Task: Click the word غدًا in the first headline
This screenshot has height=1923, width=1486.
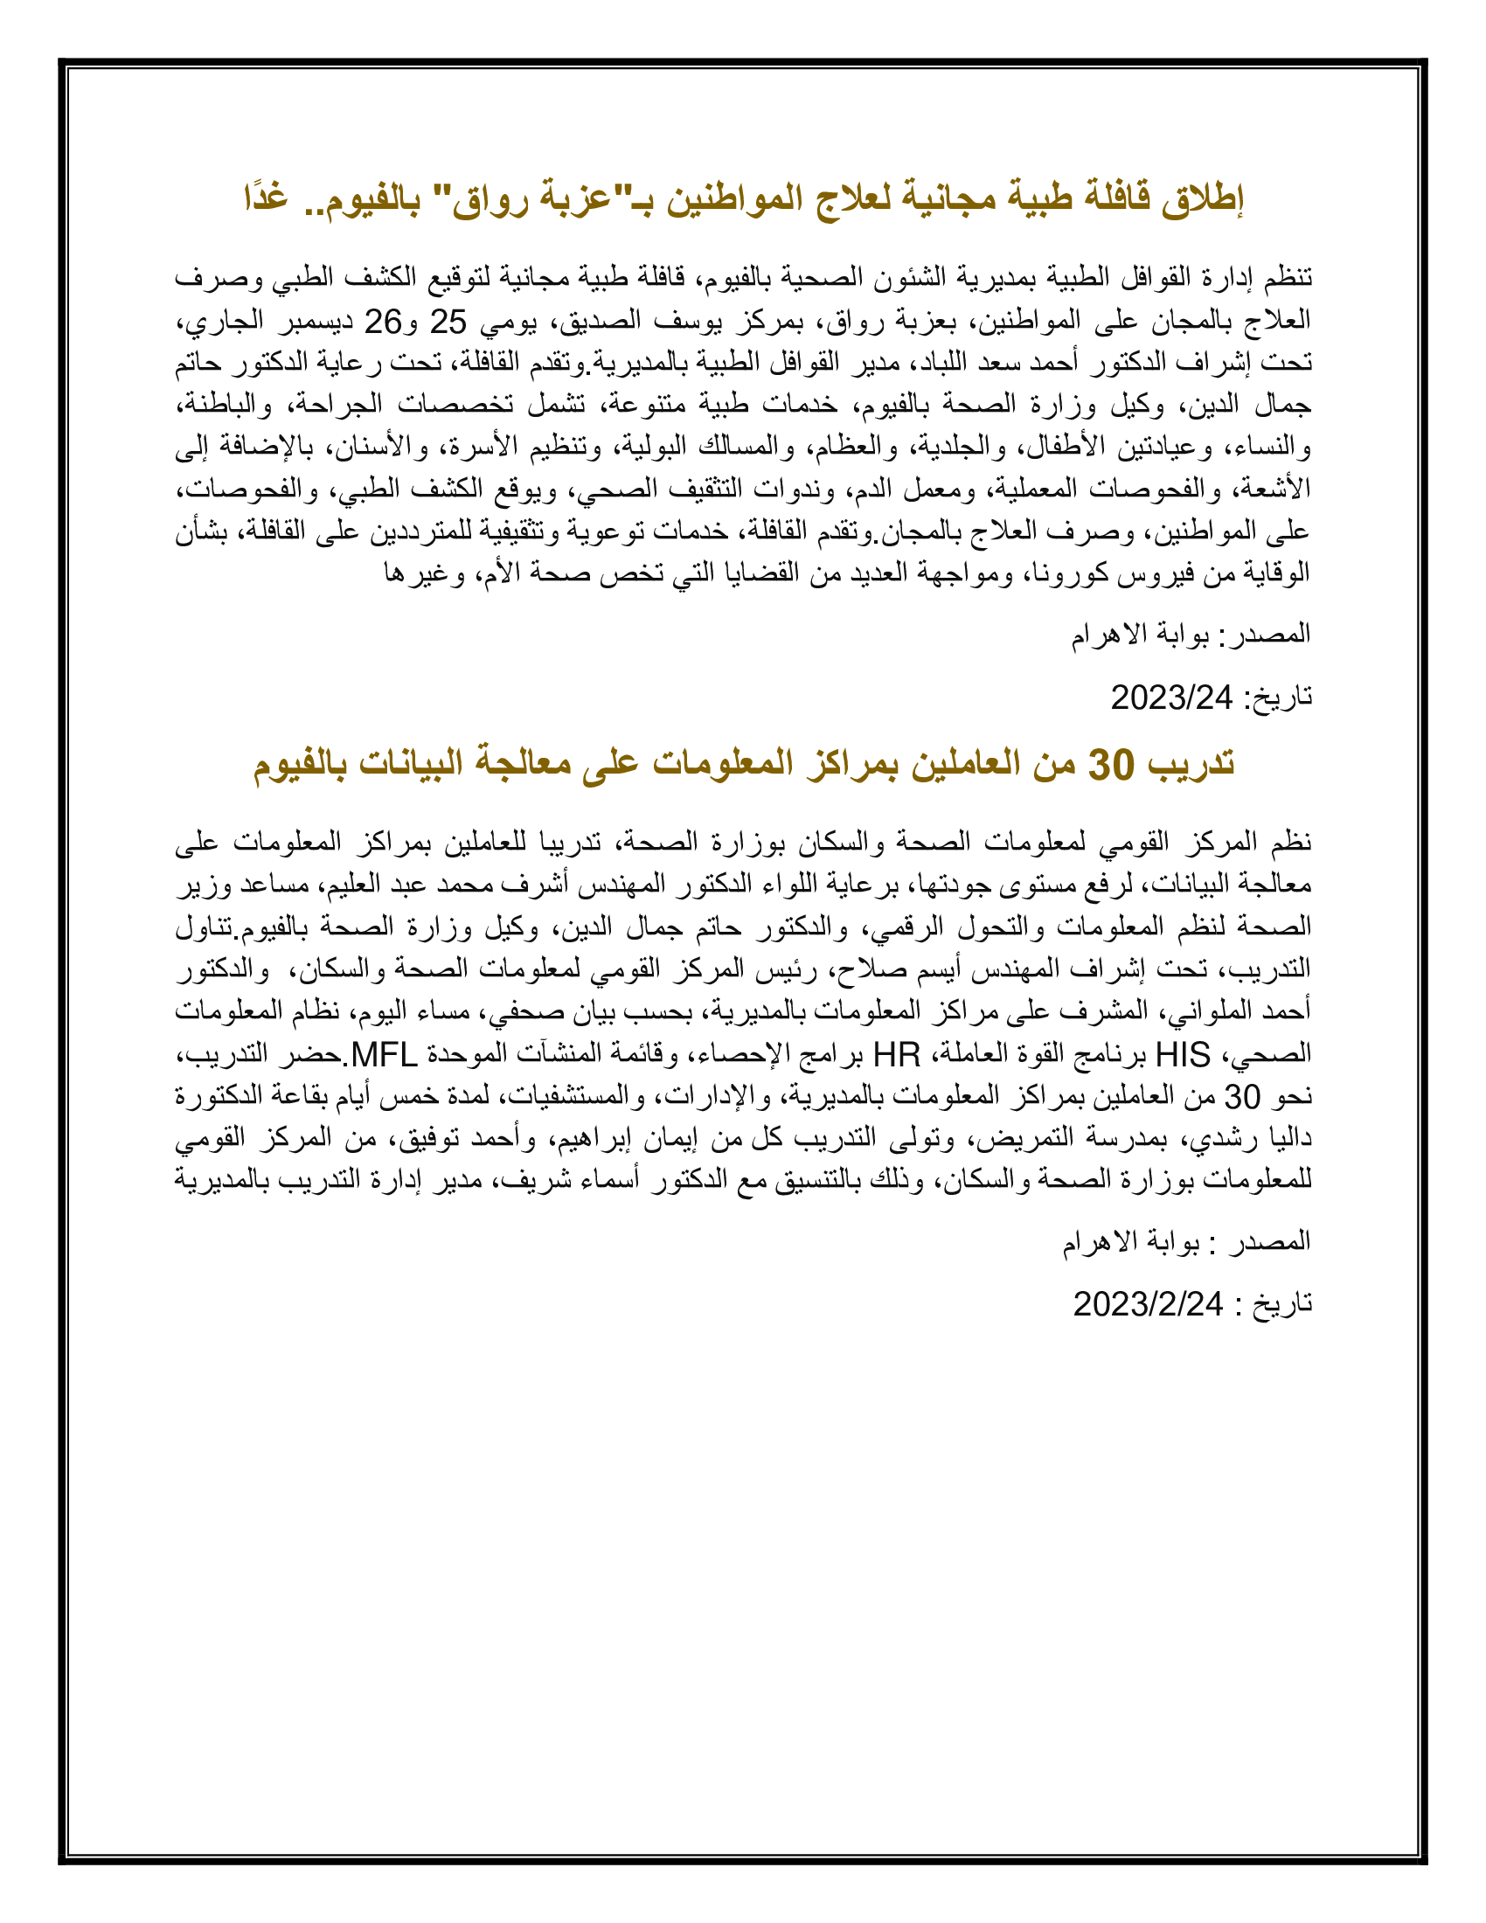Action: point(267,199)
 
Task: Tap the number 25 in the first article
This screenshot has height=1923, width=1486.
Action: point(448,323)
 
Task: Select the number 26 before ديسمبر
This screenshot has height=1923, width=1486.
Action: point(384,323)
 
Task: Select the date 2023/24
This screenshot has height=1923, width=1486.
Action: point(1170,698)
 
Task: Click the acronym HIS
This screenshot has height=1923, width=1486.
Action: point(1183,1054)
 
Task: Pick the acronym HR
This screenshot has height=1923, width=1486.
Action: point(896,1054)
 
